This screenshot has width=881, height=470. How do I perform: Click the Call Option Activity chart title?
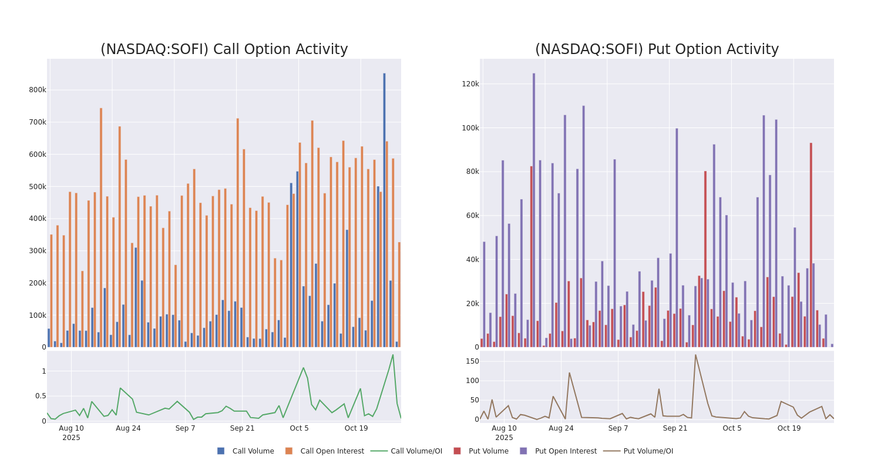pos(224,49)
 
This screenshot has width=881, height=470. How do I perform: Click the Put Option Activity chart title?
pos(656,49)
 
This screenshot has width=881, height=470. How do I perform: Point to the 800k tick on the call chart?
pos(37,90)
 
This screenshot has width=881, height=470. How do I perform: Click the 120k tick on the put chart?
pos(470,84)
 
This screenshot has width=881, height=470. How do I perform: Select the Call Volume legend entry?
pos(246,451)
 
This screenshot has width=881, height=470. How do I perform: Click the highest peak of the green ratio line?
pos(393,355)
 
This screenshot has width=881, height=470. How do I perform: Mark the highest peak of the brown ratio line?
pos(695,354)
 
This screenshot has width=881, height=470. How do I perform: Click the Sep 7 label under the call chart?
pos(185,428)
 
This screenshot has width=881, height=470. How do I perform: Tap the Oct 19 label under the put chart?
pos(789,428)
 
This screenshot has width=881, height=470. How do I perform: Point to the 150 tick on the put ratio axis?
pos(473,361)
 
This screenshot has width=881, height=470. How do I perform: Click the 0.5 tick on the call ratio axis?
pos(41,396)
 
